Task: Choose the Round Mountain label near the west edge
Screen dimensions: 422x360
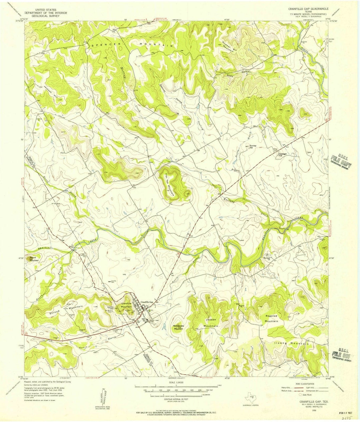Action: [34, 259]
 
